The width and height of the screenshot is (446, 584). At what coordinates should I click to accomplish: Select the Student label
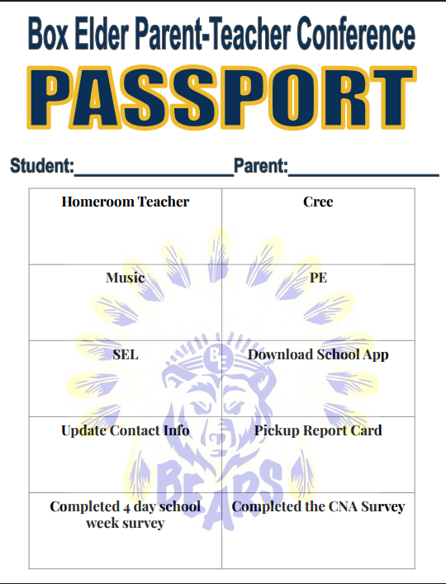tap(41, 166)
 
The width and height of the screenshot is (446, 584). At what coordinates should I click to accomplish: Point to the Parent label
tap(260, 166)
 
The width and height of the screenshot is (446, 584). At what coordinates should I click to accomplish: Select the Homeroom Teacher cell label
tap(126, 202)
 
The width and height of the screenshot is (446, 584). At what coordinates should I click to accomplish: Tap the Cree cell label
tap(318, 202)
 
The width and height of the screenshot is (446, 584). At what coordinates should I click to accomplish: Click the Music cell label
tap(126, 278)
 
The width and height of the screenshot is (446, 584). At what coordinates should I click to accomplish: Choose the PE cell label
tap(318, 278)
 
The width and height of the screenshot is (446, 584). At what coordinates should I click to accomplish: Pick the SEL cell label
tap(126, 354)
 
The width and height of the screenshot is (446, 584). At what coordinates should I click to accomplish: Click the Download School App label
tap(318, 354)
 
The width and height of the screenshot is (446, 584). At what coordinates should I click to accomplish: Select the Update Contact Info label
tap(126, 430)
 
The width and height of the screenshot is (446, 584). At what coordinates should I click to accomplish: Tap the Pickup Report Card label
tap(318, 430)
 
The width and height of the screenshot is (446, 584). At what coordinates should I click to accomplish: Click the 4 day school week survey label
tap(126, 514)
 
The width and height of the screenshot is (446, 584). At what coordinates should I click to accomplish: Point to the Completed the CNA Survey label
tap(318, 506)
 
